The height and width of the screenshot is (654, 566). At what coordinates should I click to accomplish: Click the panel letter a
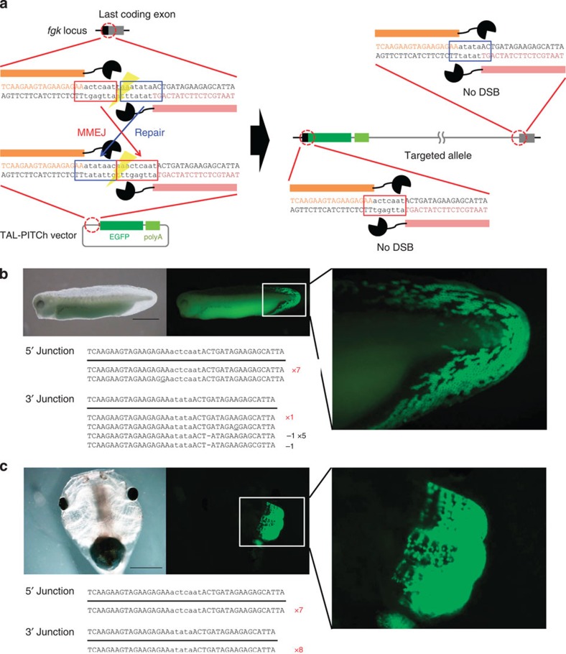[x=5, y=6]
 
